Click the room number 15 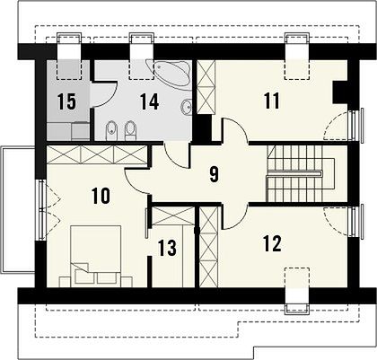[x=66, y=101]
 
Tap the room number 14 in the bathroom [x=149, y=101]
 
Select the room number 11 [x=272, y=101]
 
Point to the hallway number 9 [x=214, y=174]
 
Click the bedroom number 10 [x=101, y=196]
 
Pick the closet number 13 [x=167, y=248]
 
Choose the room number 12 [x=272, y=243]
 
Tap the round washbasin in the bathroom [x=187, y=107]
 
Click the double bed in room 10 [x=96, y=257]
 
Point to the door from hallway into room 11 [x=234, y=130]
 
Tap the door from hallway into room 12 [x=234, y=216]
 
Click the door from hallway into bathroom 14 [x=177, y=155]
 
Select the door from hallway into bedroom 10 [x=136, y=181]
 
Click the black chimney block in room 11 [x=341, y=92]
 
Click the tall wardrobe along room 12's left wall [x=208, y=247]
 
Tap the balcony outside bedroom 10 [x=18, y=209]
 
